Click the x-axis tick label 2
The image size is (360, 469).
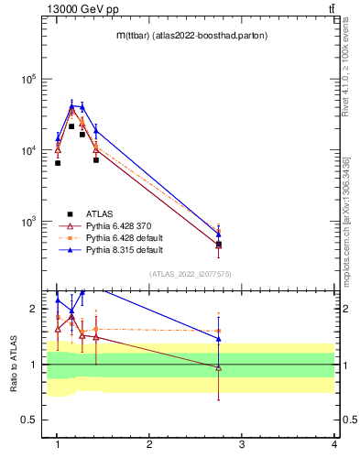(149, 444)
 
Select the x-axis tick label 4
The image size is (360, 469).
(334, 444)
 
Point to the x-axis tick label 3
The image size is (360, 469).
(242, 444)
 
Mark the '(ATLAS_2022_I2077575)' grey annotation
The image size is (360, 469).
(190, 273)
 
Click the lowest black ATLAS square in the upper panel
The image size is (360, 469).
(218, 245)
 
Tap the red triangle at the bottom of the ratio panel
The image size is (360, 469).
(218, 368)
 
